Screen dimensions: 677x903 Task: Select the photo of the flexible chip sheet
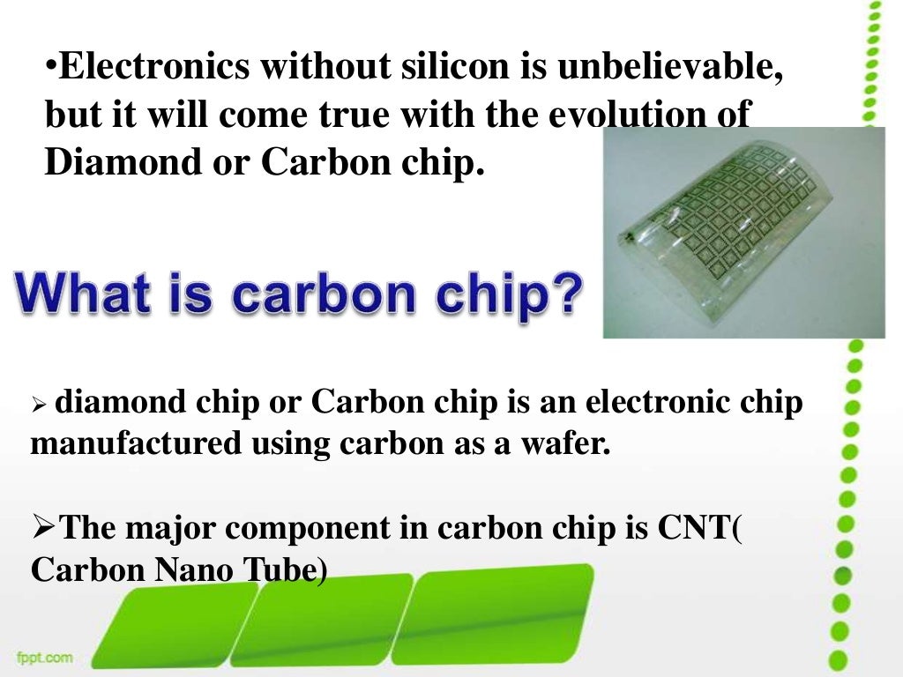[743, 233]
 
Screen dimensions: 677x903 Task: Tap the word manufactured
[136, 443]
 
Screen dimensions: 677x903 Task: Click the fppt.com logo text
[43, 657]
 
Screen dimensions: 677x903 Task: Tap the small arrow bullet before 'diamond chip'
[38, 406]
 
